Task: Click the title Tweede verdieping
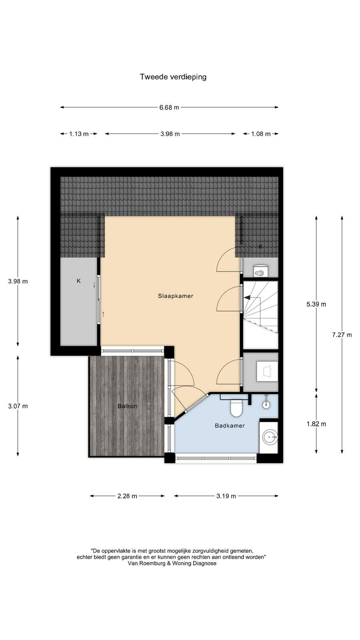tap(173, 77)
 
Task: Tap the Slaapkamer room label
tap(176, 296)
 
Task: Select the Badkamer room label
tap(230, 426)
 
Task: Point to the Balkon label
tap(128, 406)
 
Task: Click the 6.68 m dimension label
tap(169, 108)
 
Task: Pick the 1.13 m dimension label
tap(79, 134)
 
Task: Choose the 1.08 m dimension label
tap(261, 134)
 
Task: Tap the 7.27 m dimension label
tap(342, 334)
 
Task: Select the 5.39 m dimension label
tap(316, 304)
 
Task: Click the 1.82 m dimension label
tap(316, 424)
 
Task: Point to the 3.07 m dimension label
tap(18, 406)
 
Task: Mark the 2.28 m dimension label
tap(127, 496)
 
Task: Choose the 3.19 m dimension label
tap(226, 496)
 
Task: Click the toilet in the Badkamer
tap(236, 408)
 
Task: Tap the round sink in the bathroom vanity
tap(270, 437)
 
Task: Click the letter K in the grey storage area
tap(78, 281)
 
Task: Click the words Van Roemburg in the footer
tap(146, 564)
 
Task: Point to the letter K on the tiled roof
tap(260, 246)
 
